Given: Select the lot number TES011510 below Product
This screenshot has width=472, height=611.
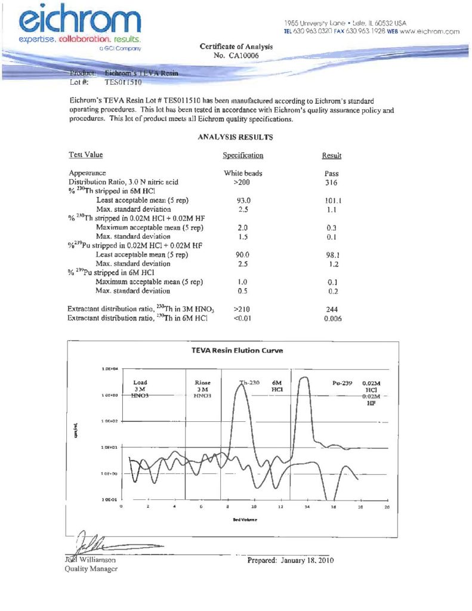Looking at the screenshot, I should (122, 83).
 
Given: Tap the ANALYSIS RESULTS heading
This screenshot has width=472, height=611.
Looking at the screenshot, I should (235, 137).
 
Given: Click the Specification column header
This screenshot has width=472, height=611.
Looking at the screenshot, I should (243, 156).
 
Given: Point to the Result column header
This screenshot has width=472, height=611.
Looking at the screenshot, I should (331, 156).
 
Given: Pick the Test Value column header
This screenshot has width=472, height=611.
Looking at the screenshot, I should (86, 155).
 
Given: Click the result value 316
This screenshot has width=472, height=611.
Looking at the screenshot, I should (331, 182).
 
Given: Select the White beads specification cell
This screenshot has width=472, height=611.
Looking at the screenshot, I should (243, 174).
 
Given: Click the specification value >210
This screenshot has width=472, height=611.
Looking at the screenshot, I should (243, 309).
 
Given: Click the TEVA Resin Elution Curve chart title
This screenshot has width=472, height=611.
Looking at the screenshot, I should (237, 350).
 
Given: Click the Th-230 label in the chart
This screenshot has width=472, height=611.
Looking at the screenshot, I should (249, 382).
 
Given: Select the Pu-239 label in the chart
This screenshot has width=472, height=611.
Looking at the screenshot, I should (343, 382).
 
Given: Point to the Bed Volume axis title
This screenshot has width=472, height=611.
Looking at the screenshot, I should (245, 520).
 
